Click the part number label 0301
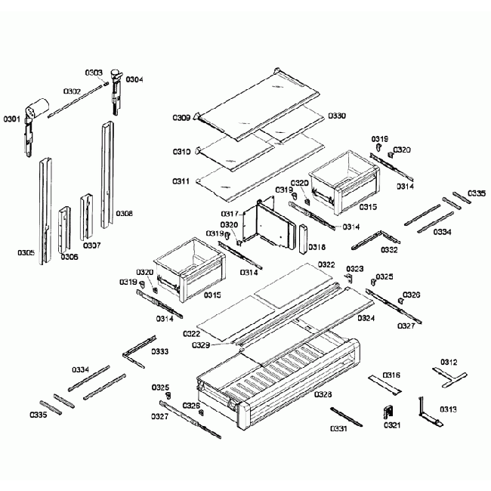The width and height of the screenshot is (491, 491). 13,119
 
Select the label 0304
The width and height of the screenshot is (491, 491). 134,79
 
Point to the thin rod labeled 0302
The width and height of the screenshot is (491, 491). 76,103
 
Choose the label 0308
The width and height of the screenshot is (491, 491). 125,214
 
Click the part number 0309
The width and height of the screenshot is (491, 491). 181,118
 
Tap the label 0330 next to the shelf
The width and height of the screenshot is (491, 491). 337,116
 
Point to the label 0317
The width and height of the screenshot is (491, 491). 230,214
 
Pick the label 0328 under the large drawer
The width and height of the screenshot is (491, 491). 323,394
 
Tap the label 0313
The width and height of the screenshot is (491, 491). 447,409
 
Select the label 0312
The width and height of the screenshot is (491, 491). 449,363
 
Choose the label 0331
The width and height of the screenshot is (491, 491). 338,429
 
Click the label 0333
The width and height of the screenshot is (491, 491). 160,351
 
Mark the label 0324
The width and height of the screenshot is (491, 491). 366,318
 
